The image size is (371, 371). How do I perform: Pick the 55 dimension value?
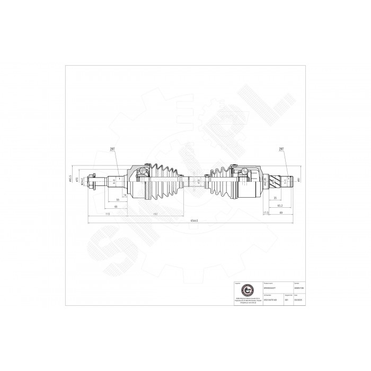pyautogui.click(x=117, y=200)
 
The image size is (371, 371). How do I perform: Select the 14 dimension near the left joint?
pyautogui.click(x=124, y=195)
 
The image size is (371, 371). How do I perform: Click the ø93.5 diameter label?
pyautogui.click(x=70, y=180)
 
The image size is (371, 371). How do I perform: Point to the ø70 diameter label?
pyautogui.click(x=77, y=180)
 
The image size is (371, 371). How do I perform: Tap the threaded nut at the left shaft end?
pyautogui.click(x=93, y=180)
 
